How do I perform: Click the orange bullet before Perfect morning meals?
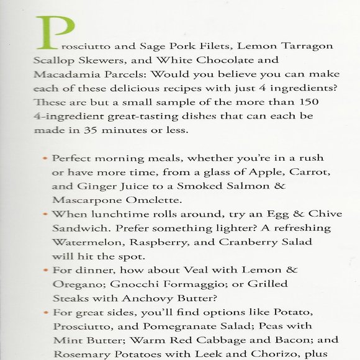45,158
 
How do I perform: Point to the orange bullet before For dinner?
45,271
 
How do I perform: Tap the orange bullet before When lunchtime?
45,214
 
